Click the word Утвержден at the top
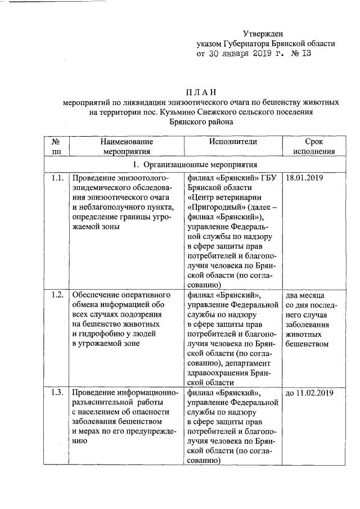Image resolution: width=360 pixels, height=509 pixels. [263, 35]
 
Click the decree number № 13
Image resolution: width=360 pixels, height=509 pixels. [299, 54]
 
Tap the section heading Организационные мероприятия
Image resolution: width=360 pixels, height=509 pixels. [200, 165]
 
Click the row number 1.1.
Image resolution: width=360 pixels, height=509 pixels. [55, 178]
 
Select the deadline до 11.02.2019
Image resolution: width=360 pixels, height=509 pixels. [309, 393]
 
